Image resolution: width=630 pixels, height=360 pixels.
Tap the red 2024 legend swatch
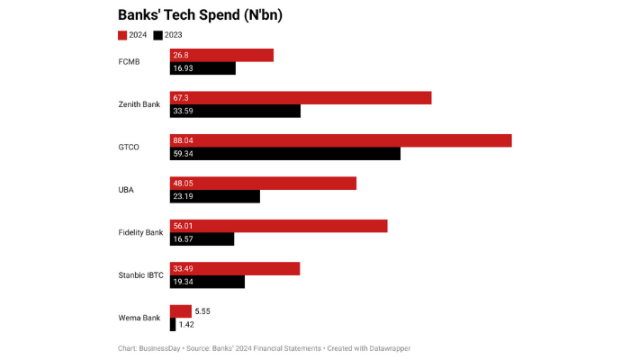[122, 35]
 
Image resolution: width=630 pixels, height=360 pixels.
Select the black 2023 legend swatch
[158, 35]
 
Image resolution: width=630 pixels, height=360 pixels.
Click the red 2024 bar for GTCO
[340, 140]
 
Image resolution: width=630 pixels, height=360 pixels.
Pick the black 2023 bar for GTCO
[284, 154]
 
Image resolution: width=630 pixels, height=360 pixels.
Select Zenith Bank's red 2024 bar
[301, 97]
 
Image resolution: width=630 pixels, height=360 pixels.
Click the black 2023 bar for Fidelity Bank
[202, 239]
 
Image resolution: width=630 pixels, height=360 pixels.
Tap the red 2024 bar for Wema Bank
[180, 310]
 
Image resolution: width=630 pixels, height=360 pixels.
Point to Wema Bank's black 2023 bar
[173, 324]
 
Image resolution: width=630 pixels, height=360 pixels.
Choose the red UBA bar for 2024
[263, 183]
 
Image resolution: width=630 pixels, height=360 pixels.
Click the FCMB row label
[130, 62]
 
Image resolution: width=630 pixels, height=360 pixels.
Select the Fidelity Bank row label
[141, 232]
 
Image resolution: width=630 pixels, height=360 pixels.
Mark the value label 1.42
[188, 324]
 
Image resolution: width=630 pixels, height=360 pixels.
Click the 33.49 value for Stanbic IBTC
[183, 268]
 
